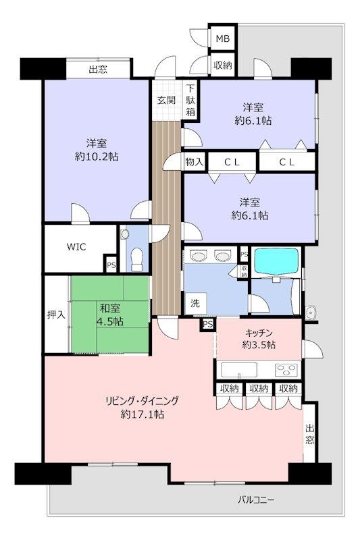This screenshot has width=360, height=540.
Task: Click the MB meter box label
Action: (x=222, y=38)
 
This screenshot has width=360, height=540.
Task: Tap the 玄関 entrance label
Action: (x=167, y=100)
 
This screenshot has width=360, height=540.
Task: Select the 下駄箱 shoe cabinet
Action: (x=191, y=100)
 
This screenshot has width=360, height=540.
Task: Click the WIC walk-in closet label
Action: (x=76, y=246)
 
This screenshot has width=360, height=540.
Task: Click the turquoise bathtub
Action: (x=276, y=261)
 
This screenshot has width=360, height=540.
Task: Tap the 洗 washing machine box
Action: (x=195, y=303)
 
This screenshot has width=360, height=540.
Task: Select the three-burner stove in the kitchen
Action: (x=286, y=370)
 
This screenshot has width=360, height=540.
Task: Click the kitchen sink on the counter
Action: (x=238, y=370)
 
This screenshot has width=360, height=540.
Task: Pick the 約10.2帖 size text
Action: (x=97, y=157)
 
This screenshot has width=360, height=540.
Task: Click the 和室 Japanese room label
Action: (x=110, y=308)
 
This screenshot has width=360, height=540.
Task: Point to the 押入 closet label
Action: (x=56, y=315)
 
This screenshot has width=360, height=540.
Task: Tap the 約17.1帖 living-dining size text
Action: (x=142, y=414)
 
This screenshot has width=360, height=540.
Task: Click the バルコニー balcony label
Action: (x=256, y=500)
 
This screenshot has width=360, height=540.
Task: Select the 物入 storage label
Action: (x=195, y=161)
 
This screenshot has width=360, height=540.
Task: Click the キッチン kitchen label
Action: (x=259, y=333)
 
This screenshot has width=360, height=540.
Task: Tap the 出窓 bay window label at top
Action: (x=98, y=70)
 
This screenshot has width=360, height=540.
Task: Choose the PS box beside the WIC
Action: (x=111, y=265)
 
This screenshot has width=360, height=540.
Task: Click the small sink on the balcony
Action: (x=311, y=313)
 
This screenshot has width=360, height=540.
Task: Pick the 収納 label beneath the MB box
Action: (x=222, y=65)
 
